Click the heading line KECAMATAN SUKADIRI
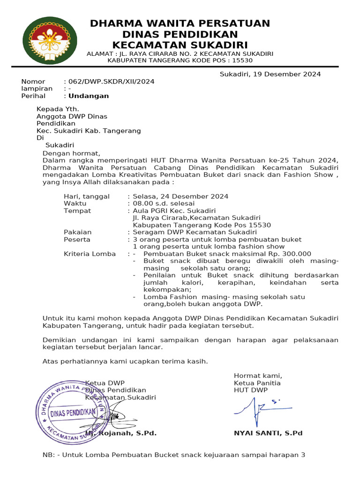coord(180,45)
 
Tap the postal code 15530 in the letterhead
coord(242,60)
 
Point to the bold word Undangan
coord(89,96)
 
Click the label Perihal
coord(33,96)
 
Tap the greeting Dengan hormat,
coord(71,153)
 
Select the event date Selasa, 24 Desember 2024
coord(180,196)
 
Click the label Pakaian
coord(77,232)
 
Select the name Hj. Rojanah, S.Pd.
coord(121,433)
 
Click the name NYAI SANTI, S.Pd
coord(268,433)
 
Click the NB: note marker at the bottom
coord(49,455)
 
